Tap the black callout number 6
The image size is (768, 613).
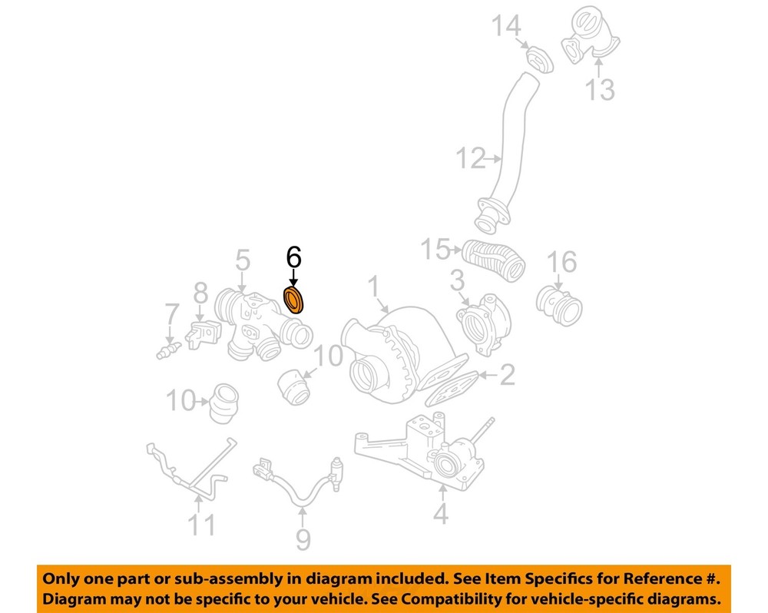pyautogui.click(x=294, y=258)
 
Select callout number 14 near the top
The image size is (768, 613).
pyautogui.click(x=506, y=26)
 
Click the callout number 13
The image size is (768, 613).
pyautogui.click(x=600, y=90)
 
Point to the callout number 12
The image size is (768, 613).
pyautogui.click(x=471, y=157)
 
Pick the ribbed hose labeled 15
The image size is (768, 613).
pyautogui.click(x=495, y=260)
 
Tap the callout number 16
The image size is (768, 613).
pyautogui.click(x=562, y=262)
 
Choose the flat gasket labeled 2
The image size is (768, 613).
pyautogui.click(x=452, y=388)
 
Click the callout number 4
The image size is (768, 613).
pyautogui.click(x=441, y=513)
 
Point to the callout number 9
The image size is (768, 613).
pyautogui.click(x=303, y=539)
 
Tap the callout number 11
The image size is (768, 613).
pyautogui.click(x=202, y=525)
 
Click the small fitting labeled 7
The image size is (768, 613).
pyautogui.click(x=168, y=350)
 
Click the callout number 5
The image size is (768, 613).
pyautogui.click(x=243, y=260)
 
